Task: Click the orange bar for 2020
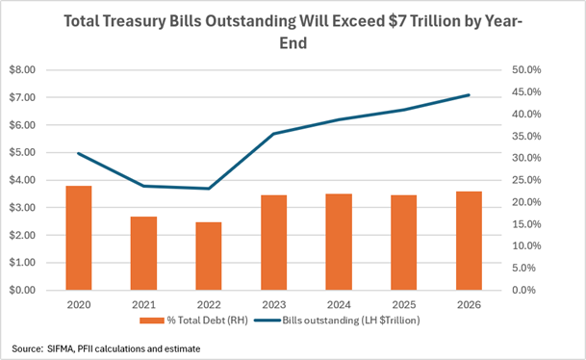click(x=79, y=238)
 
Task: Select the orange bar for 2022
click(x=209, y=256)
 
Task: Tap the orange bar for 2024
click(x=339, y=242)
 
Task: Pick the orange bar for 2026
click(x=469, y=241)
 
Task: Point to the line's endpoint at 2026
click(x=469, y=95)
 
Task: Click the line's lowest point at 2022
click(x=209, y=189)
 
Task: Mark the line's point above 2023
click(x=274, y=134)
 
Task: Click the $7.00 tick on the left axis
click(x=22, y=97)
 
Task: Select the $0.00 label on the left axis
click(x=22, y=290)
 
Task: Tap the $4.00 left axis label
click(x=22, y=180)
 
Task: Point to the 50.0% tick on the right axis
click(x=526, y=70)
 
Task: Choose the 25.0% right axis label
click(x=526, y=180)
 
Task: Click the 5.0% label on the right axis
click(x=524, y=268)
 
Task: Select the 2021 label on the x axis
click(x=143, y=305)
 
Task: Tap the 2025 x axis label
click(x=403, y=305)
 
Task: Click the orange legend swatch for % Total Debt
click(x=152, y=321)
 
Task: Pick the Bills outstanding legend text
click(x=351, y=321)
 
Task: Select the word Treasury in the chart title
click(x=134, y=22)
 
